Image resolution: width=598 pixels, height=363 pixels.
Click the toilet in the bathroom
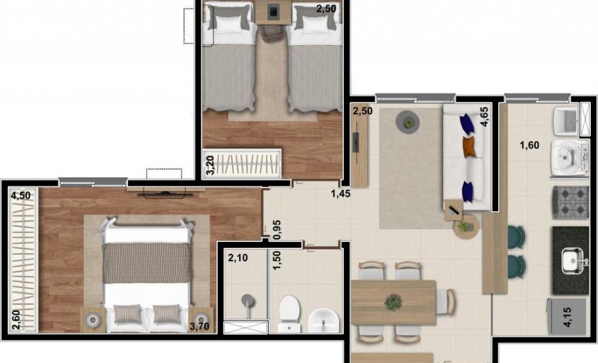click(x=290, y=313)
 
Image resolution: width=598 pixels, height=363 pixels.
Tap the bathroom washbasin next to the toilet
click(x=323, y=320)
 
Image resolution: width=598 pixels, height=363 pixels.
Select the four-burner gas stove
click(x=571, y=202)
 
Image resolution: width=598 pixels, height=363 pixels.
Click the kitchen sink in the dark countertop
click(x=572, y=260)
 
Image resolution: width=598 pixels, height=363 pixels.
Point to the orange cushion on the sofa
click(x=469, y=147)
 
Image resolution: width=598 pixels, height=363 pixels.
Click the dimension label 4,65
click(x=484, y=116)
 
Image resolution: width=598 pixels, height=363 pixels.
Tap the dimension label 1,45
click(x=341, y=194)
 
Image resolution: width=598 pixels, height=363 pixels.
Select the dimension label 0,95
click(x=277, y=230)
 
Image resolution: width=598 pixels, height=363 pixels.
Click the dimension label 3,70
click(x=199, y=326)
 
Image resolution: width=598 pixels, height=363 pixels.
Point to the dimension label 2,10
click(x=238, y=258)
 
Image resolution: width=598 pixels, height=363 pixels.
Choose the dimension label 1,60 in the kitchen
click(x=529, y=145)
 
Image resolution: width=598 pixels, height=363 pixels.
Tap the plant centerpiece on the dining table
click(x=393, y=302)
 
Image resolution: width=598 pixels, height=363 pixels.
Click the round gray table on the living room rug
click(x=408, y=122)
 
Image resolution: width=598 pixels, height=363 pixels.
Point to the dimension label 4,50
click(x=21, y=196)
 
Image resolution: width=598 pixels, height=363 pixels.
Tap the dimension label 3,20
click(x=210, y=165)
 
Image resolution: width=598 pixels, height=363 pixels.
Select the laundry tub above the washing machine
click(x=567, y=122)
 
